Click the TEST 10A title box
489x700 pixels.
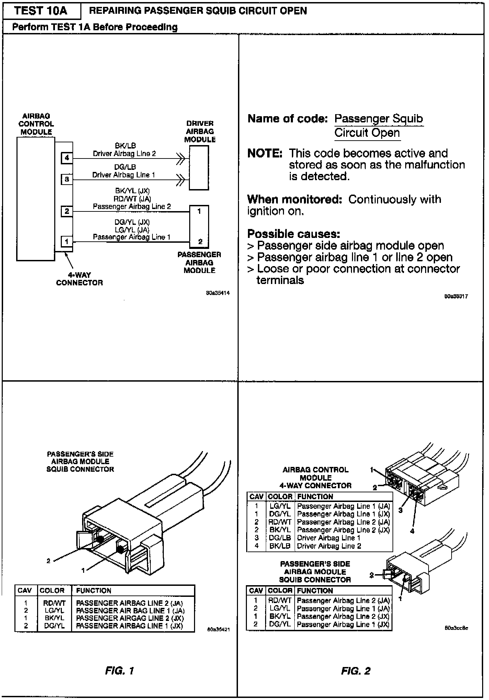pos(41,11)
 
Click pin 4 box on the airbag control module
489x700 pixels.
pos(67,158)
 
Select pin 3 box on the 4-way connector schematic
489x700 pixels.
pos(67,179)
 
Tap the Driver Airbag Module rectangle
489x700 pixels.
pos(199,167)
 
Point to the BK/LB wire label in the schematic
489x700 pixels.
pos(125,146)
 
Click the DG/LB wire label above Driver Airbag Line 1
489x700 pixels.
pos(125,167)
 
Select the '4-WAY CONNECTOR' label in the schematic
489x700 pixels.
pos(79,279)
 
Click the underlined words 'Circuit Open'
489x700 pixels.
pos(367,133)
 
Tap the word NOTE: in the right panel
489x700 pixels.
pos(265,153)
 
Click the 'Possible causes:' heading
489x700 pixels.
pos(294,234)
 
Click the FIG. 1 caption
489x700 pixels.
pos(120,671)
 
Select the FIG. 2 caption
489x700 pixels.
pos(356,671)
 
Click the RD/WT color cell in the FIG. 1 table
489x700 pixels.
pos(54,603)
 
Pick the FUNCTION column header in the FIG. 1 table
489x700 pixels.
pos(93,591)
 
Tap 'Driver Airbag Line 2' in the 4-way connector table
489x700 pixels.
pos(329,546)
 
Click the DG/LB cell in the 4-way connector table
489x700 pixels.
pos(280,538)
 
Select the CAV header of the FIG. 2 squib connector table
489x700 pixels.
pos(256,591)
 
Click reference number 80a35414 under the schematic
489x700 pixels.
pos(218,293)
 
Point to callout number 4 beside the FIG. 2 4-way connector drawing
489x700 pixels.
pos(412,531)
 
